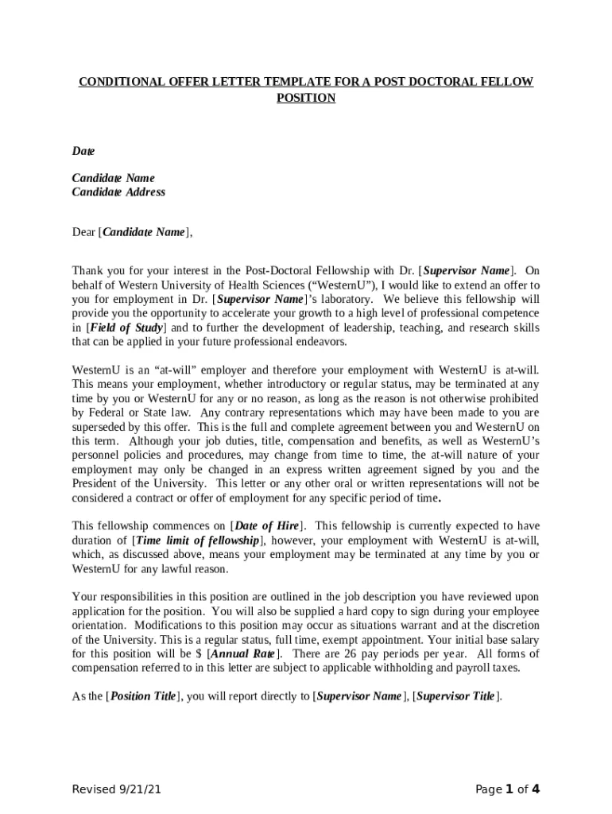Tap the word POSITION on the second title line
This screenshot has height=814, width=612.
(x=306, y=98)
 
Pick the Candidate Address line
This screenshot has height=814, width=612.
(x=118, y=192)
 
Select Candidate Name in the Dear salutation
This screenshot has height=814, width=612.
(x=144, y=232)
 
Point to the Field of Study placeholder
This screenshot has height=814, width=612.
(x=126, y=328)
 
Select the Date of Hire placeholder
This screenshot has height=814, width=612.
(x=269, y=526)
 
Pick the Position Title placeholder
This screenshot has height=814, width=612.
(x=143, y=696)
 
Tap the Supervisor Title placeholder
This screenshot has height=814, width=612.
(x=456, y=696)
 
